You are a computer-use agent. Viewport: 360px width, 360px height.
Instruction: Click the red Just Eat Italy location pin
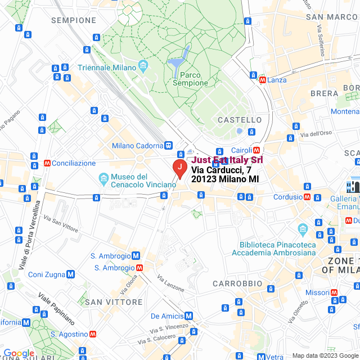[x=178, y=168]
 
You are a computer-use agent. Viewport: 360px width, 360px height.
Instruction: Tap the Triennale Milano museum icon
[x=143, y=67]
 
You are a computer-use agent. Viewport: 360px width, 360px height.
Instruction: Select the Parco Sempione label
[x=191, y=79]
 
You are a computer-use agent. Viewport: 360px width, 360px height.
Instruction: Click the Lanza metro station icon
[x=263, y=80]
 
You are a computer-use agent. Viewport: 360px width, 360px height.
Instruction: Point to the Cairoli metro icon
[x=256, y=150]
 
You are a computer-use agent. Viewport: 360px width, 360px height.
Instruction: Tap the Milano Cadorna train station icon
[x=169, y=146]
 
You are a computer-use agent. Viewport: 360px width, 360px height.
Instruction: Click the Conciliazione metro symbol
[x=47, y=163]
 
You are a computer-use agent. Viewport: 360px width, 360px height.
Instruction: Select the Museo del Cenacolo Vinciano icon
[x=103, y=179]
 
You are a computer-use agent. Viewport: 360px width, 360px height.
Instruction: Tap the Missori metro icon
[x=334, y=292]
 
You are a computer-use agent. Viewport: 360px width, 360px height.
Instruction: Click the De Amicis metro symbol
[x=189, y=316]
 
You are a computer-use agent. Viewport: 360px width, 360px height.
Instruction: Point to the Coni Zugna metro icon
[x=70, y=274]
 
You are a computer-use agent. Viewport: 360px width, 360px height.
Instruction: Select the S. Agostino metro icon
[x=92, y=334]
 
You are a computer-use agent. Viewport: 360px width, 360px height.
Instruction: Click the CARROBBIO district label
[x=237, y=283]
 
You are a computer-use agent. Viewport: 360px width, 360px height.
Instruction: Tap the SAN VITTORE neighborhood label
[x=114, y=302]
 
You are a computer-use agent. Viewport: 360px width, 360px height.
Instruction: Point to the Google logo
[x=19, y=353]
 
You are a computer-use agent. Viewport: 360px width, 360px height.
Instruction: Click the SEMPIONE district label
[x=74, y=20]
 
